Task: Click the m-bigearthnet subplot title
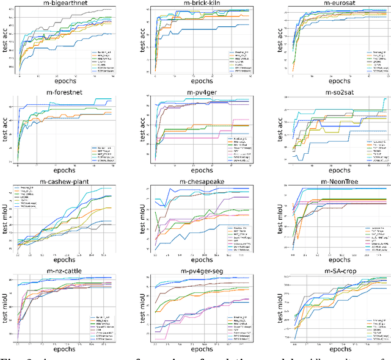click(x=65, y=5)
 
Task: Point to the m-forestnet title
click(x=65, y=93)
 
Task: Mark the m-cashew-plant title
click(x=65, y=182)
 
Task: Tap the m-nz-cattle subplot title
click(x=65, y=270)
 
